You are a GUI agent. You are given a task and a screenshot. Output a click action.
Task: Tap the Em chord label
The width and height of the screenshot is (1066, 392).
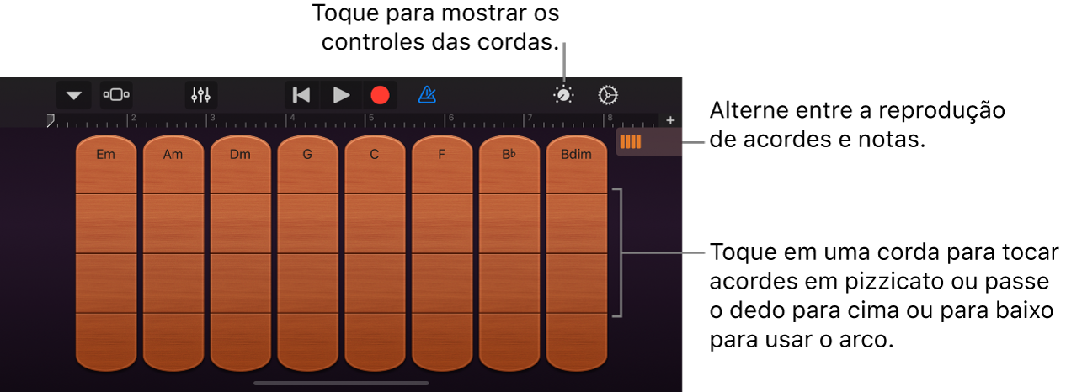tap(105, 155)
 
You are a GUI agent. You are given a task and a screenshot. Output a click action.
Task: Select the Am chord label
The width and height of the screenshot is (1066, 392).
tap(173, 155)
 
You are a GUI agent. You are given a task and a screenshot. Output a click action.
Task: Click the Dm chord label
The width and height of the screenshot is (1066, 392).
tap(240, 155)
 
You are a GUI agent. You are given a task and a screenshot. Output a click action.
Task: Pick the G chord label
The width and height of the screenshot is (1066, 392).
tap(307, 155)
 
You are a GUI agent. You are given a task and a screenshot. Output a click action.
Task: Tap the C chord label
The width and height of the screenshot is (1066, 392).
tap(375, 155)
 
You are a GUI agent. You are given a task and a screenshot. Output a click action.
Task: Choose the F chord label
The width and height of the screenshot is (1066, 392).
tap(442, 155)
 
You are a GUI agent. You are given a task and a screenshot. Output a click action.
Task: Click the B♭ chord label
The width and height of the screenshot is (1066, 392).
tap(509, 155)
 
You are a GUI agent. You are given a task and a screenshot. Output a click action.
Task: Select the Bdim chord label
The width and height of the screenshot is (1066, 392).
tap(577, 155)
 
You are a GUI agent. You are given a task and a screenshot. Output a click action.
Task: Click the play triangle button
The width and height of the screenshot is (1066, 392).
tap(341, 95)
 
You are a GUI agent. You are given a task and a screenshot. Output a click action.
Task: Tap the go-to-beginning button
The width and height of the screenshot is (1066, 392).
tap(301, 95)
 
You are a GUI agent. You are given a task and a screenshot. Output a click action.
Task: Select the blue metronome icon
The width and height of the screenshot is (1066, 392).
tap(427, 95)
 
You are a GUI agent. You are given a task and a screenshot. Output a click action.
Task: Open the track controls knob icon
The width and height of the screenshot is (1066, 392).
tap(563, 95)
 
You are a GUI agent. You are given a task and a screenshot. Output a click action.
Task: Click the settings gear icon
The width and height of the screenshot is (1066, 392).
tap(608, 95)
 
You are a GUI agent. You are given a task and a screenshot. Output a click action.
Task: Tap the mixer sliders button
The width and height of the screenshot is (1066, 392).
tap(200, 95)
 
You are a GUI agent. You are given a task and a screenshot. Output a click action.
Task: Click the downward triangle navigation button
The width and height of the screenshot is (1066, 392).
tap(74, 95)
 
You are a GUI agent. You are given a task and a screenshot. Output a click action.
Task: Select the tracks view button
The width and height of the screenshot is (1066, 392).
tap(116, 95)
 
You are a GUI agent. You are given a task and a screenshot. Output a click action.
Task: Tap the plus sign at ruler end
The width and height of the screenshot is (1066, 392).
tap(670, 120)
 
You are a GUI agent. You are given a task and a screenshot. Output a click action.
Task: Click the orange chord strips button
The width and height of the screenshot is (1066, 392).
tap(631, 142)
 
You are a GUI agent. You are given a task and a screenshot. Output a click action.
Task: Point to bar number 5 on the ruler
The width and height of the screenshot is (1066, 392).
tap(371, 119)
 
